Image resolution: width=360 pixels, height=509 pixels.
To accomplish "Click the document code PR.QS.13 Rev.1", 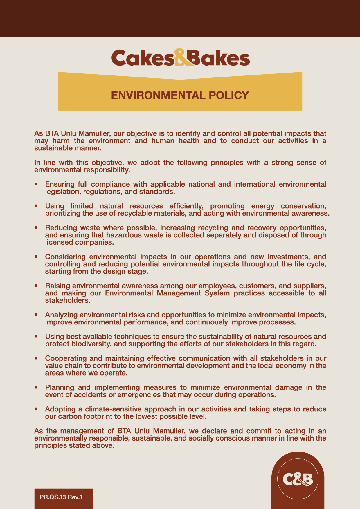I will (61, 497).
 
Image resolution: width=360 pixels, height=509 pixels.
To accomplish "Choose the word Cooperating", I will (65, 358).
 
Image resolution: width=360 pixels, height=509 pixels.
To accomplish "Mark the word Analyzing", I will (61, 315).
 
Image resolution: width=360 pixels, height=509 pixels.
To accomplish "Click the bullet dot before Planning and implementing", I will (36, 387).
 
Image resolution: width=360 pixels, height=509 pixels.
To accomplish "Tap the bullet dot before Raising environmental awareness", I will (36, 286).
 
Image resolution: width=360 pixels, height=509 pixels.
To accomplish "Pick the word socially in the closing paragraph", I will (200, 438).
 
